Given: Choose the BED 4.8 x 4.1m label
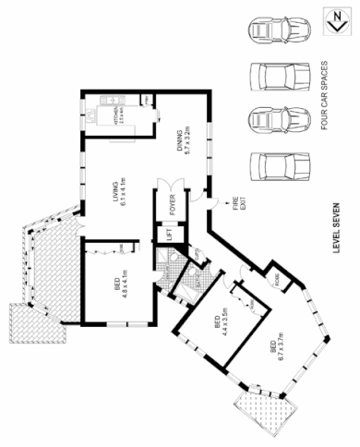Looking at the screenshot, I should (x=117, y=284).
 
